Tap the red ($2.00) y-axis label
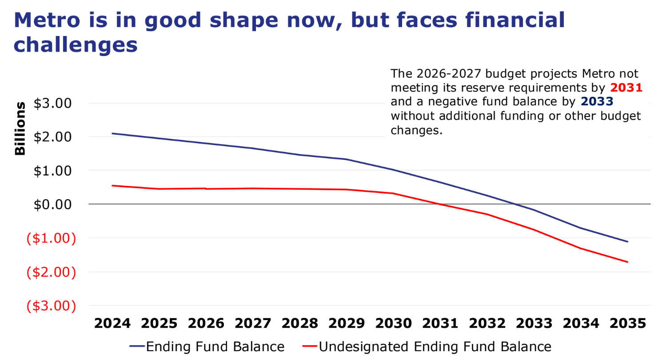point(51,272)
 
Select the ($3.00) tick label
point(51,305)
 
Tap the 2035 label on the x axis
point(627,323)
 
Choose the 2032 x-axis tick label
point(487,323)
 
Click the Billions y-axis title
point(20,128)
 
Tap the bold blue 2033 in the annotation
point(597,102)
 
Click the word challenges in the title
point(76,45)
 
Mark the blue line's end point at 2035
point(627,241)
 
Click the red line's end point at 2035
point(627,262)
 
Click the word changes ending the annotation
point(416,131)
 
